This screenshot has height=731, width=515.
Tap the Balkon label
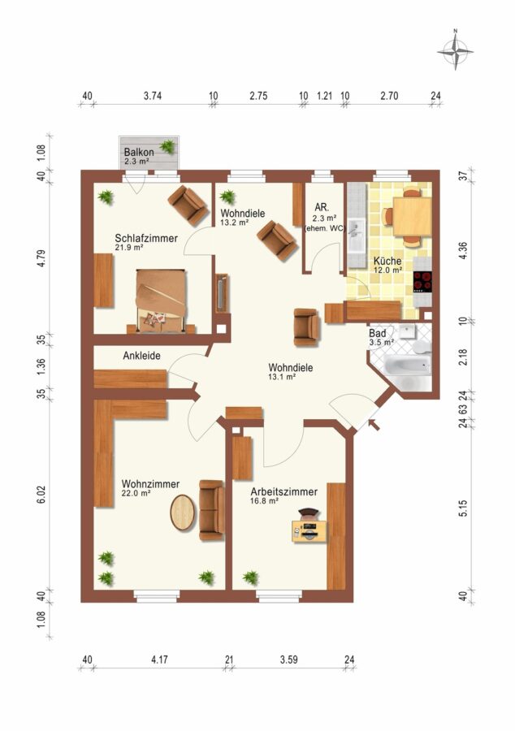139,153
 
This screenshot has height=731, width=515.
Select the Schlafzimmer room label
146,238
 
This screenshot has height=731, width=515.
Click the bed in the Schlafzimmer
162,301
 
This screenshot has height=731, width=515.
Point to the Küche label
387,261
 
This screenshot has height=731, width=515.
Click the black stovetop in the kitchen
422,282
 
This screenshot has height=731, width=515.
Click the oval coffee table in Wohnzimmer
182,513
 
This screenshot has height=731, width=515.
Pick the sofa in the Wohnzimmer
211,510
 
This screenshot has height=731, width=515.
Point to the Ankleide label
141,356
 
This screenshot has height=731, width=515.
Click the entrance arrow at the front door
374,425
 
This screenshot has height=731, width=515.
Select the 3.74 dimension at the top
153,96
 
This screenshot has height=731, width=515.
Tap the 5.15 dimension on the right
463,508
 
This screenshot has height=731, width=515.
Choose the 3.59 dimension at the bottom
289,660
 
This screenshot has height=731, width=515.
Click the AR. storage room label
322,208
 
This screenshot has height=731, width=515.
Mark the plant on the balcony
167,147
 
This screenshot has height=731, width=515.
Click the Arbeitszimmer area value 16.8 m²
264,500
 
